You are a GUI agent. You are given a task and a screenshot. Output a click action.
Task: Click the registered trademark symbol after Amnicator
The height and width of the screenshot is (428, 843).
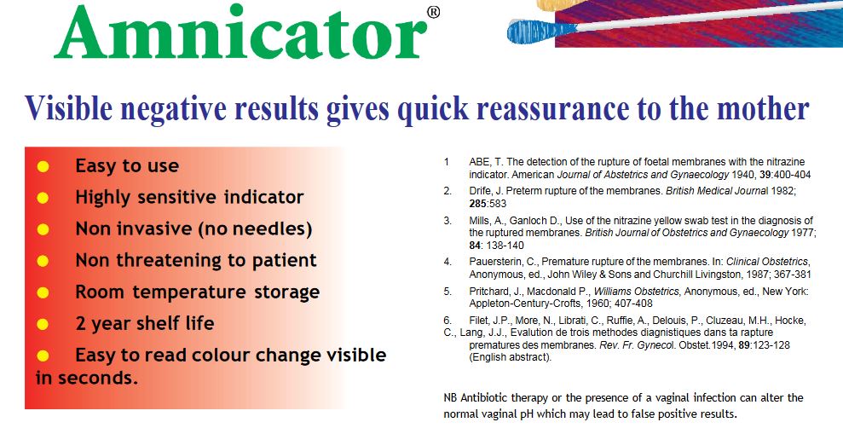433,13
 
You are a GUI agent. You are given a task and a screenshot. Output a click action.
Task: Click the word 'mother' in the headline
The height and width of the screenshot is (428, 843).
764,107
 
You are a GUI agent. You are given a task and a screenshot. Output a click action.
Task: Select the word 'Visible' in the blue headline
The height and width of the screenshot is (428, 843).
69,107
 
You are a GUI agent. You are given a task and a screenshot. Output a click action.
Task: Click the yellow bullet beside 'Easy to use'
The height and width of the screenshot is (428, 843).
43,167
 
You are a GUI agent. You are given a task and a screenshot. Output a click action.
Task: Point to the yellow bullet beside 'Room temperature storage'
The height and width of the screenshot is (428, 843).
43,293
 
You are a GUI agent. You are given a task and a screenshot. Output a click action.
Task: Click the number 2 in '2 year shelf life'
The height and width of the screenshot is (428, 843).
81,324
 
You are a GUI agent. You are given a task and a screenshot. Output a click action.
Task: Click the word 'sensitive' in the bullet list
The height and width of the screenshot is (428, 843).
178,197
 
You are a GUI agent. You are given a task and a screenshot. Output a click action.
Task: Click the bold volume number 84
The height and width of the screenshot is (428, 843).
474,246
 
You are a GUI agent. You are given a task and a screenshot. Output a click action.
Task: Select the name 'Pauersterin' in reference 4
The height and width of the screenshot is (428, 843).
492,262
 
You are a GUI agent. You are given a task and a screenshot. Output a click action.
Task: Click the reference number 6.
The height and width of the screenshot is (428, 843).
447,321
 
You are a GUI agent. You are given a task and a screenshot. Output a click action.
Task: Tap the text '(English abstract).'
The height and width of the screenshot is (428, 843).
511,357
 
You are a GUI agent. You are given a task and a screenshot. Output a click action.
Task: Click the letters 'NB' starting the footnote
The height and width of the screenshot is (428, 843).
450,398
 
